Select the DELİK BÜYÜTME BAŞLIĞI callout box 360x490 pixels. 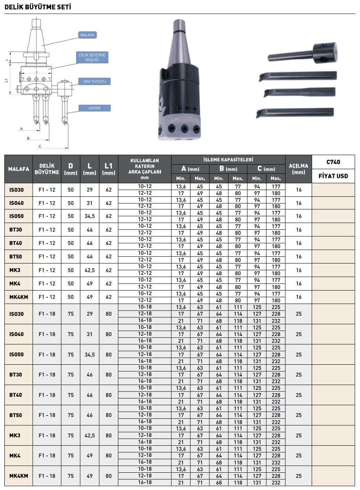point(92,58)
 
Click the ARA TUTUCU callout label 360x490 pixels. point(94,82)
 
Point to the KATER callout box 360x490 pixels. point(95,108)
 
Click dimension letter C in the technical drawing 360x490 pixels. point(40,146)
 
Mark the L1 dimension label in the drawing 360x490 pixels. point(7,80)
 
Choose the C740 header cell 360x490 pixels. point(333,162)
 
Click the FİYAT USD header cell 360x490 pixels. point(333,176)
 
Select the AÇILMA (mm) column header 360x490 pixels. point(298,169)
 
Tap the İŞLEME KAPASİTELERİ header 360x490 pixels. point(228,159)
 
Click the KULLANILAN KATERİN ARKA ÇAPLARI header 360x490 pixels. point(144,169)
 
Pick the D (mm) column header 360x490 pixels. point(71,169)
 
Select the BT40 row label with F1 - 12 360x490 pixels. point(16,243)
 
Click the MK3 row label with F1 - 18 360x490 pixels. point(15,435)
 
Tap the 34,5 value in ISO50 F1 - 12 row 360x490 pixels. point(90,216)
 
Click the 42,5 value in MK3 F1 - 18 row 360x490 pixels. point(90,435)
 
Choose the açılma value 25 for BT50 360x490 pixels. point(298,415)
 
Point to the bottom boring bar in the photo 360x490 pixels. point(294,113)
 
